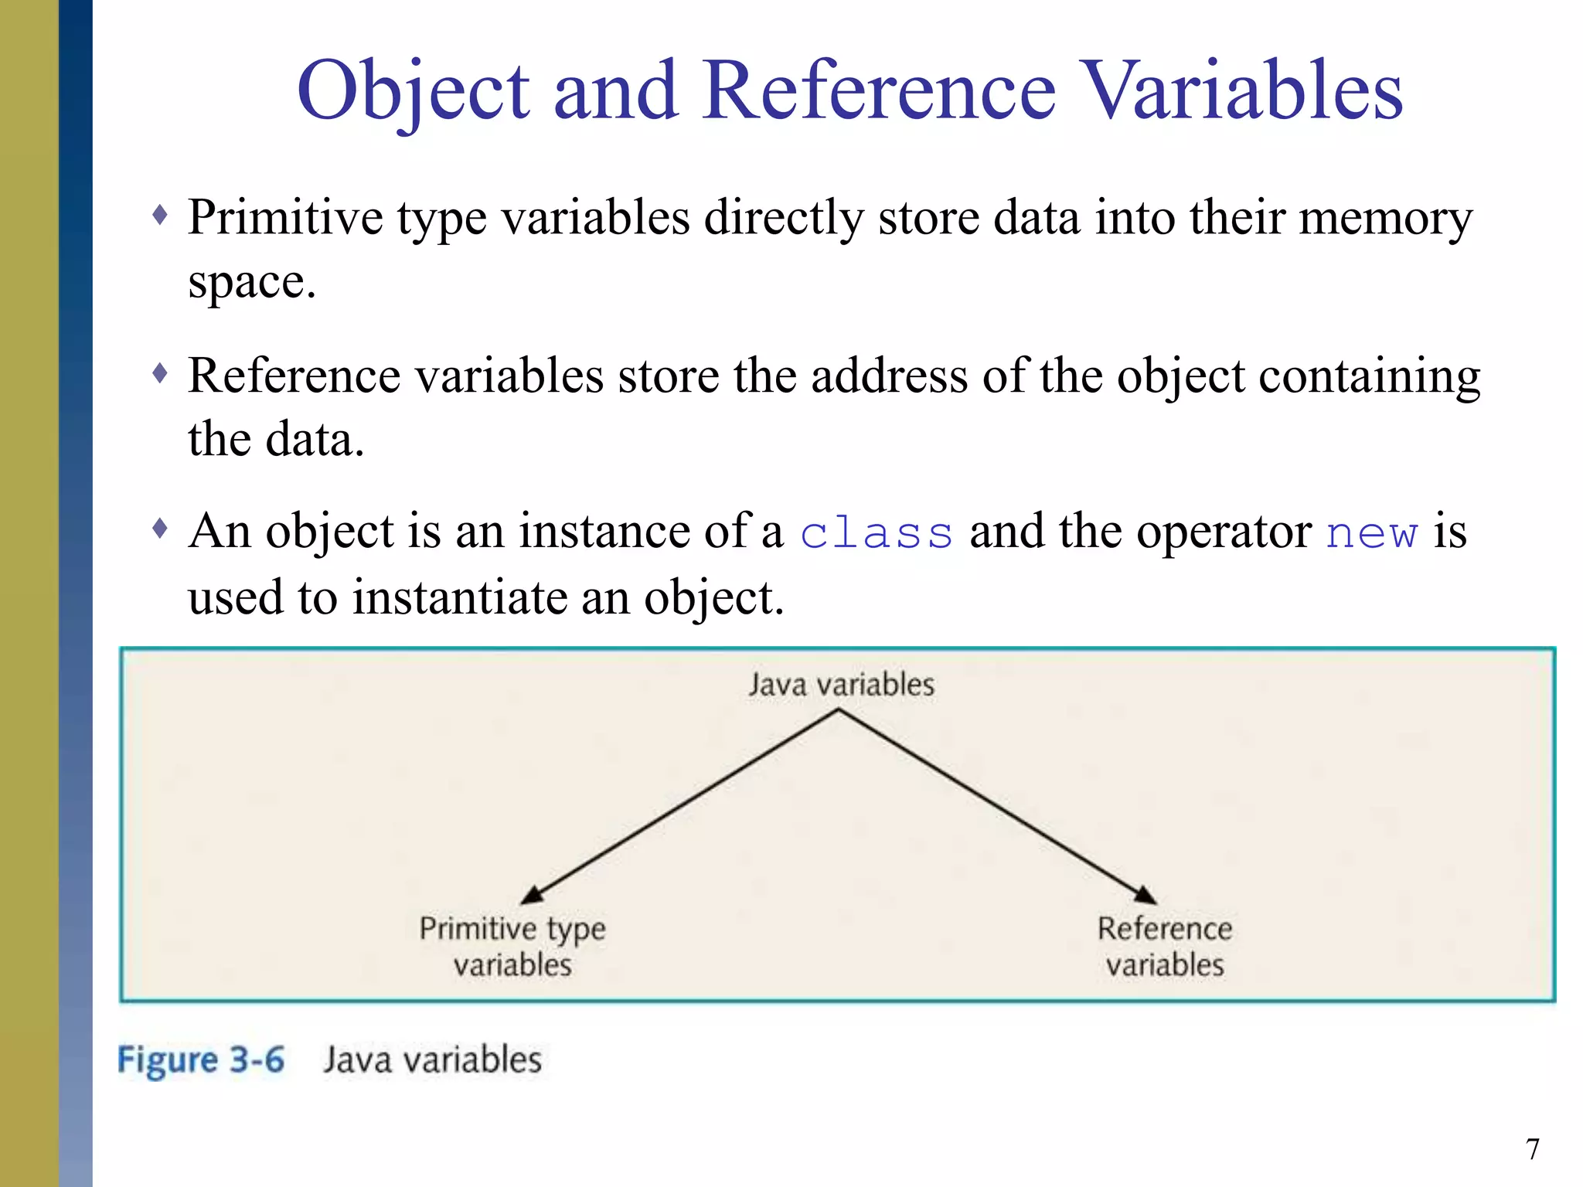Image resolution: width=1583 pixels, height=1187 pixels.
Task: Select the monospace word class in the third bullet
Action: pos(876,533)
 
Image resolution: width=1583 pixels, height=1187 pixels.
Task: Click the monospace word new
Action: pos(1372,533)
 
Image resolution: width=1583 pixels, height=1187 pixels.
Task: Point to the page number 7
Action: pos(1533,1149)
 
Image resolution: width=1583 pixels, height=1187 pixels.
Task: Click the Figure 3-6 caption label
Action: pos(201,1059)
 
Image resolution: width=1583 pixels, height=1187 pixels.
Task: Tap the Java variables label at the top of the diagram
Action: pos(841,685)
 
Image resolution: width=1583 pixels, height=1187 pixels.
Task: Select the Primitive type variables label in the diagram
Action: pos(512,947)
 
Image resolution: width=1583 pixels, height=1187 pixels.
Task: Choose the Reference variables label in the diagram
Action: pos(1165,947)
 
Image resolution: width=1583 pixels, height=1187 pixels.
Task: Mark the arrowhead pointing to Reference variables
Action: pos(1146,895)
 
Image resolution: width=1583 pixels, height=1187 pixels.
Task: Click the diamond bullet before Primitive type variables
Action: pos(160,215)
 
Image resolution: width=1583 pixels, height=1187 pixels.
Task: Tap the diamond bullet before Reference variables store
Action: pos(160,374)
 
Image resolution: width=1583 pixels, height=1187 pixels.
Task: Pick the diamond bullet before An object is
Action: pos(160,529)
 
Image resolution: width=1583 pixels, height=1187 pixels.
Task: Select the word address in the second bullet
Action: pos(889,376)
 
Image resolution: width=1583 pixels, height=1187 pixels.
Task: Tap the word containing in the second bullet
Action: pos(1370,376)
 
